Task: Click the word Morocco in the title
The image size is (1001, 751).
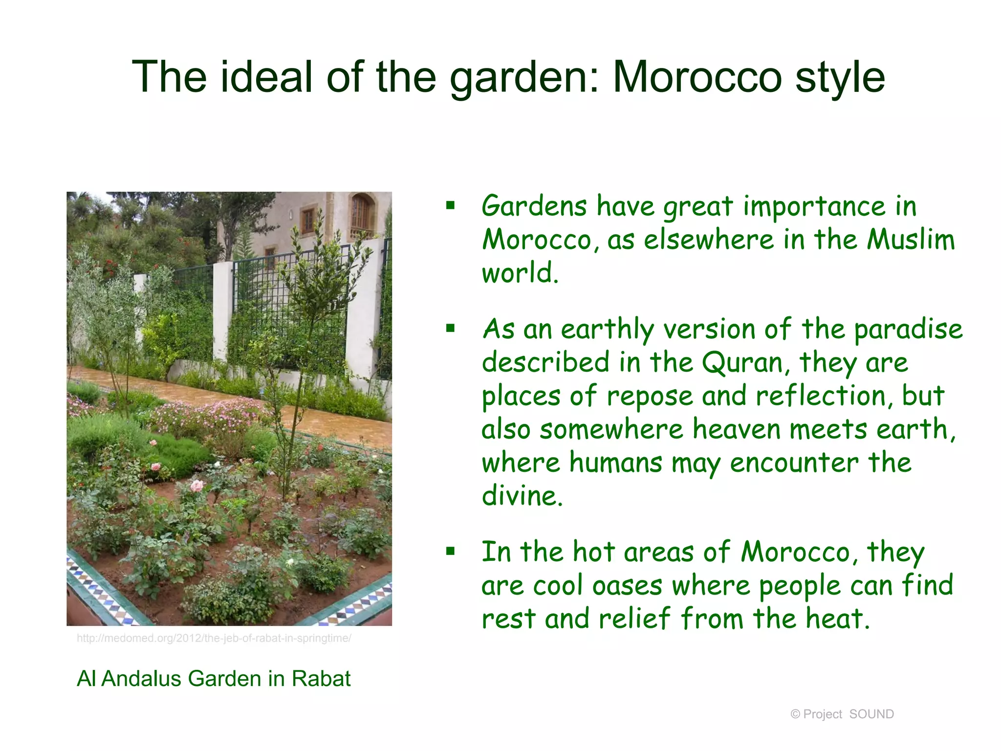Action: pos(697,77)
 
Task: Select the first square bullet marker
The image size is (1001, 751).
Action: pos(450,205)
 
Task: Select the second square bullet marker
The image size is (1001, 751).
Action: pos(450,328)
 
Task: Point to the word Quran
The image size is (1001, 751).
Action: pos(743,363)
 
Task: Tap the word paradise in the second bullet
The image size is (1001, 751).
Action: pos(908,330)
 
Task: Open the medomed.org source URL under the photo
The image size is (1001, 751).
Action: pos(214,639)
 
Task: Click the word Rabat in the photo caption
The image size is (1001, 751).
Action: pos(321,679)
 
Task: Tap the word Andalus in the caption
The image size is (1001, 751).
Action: pos(141,679)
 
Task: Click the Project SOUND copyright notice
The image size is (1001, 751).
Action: pos(842,714)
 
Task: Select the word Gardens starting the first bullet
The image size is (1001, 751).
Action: pos(534,206)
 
